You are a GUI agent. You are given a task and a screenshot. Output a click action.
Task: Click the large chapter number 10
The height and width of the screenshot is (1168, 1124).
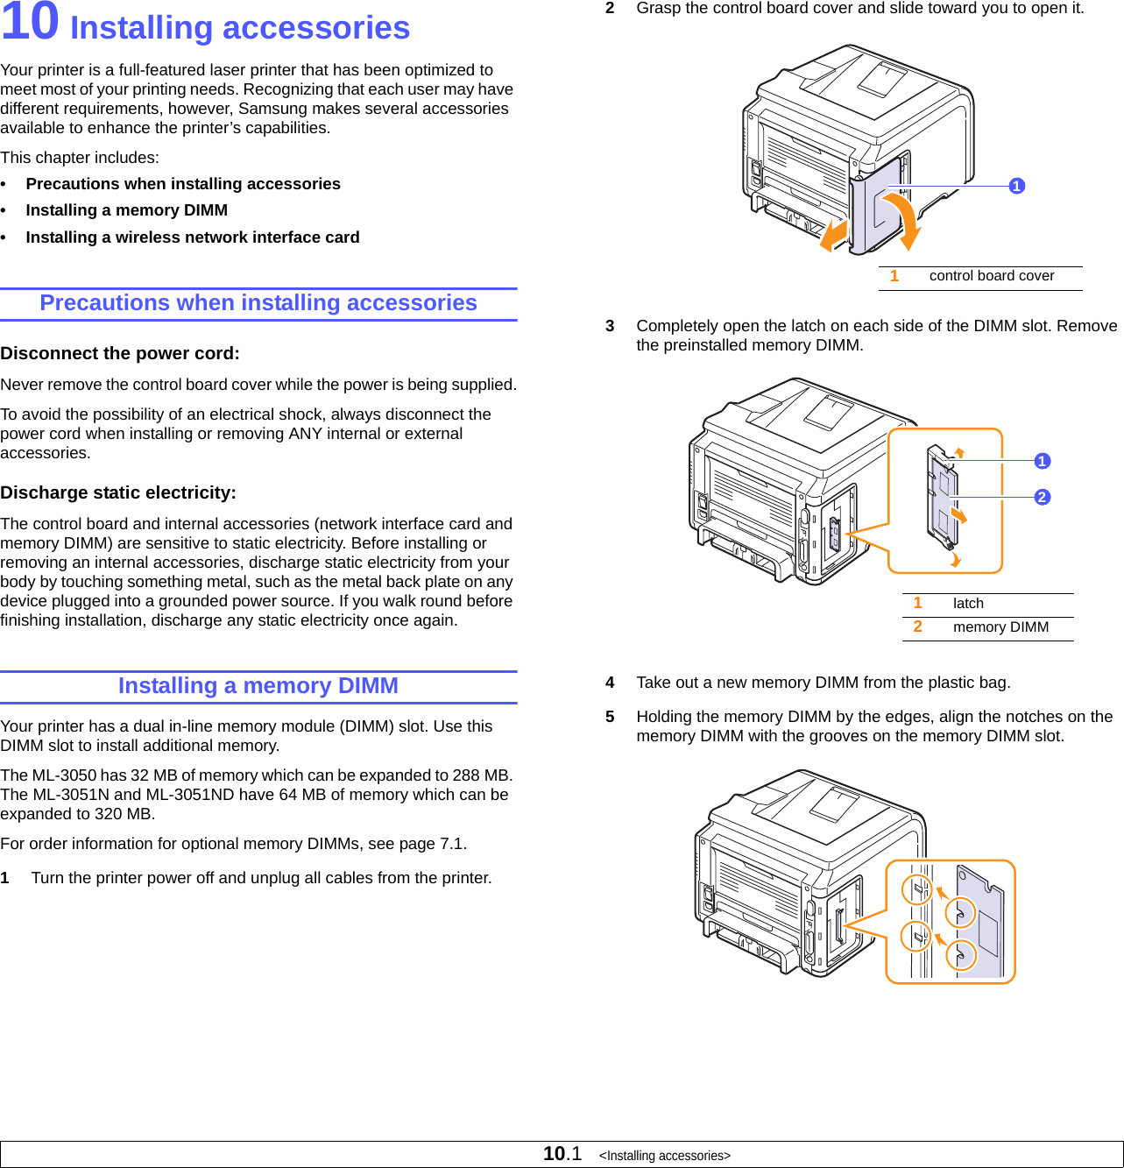click(30, 23)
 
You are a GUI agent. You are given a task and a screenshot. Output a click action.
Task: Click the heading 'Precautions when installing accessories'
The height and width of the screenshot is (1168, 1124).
click(258, 303)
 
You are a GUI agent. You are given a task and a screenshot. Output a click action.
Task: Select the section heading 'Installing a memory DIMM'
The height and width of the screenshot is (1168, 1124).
click(258, 686)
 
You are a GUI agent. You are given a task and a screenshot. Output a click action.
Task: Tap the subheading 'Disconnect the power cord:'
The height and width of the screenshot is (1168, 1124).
click(120, 354)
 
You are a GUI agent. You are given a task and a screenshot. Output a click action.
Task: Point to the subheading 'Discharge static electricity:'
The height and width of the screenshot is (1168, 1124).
click(118, 493)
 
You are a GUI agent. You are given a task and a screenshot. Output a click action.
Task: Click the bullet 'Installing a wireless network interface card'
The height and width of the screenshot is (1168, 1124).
click(192, 237)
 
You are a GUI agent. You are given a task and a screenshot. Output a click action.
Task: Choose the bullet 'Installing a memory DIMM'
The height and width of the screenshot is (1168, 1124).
click(126, 210)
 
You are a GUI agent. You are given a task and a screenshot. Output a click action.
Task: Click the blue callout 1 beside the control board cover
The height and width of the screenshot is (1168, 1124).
click(1016, 186)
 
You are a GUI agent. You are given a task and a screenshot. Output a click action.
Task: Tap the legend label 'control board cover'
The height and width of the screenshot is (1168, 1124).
click(991, 276)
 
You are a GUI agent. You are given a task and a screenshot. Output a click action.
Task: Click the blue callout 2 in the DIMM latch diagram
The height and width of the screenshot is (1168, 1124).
click(1042, 497)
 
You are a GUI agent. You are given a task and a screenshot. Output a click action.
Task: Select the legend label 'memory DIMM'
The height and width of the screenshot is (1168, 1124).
click(1000, 627)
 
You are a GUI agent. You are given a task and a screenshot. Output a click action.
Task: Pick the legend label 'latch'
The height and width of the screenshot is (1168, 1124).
click(968, 604)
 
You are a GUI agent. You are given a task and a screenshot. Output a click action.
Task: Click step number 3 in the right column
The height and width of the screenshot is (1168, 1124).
click(610, 326)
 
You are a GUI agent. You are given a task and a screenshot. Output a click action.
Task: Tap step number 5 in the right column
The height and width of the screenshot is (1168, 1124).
click(610, 717)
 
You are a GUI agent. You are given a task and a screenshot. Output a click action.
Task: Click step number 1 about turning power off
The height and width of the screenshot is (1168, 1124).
click(5, 878)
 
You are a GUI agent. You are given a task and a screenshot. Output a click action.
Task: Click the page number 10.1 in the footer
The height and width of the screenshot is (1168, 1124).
click(562, 1154)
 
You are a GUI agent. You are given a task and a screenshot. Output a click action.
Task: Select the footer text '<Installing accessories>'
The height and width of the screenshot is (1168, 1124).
click(664, 1156)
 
